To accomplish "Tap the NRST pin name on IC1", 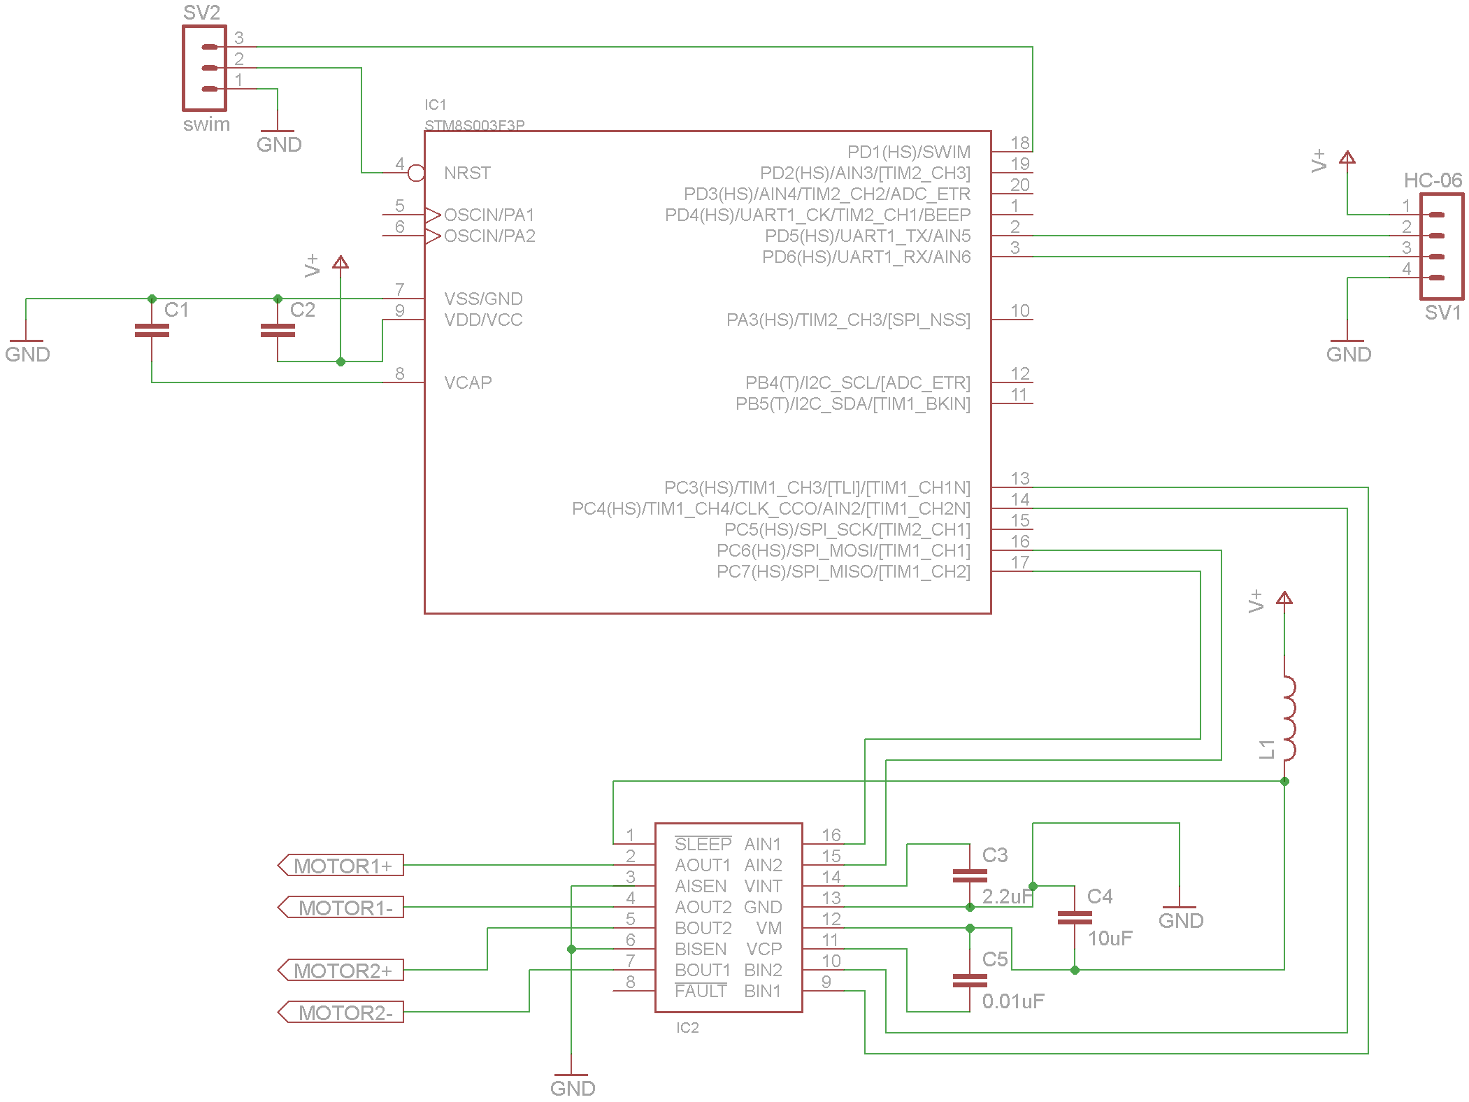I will [467, 173].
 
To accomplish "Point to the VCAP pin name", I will [468, 382].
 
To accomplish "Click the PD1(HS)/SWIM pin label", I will [908, 152].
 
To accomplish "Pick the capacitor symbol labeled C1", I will [152, 330].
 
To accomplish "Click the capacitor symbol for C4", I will [1075, 917].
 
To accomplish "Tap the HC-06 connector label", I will [1433, 180].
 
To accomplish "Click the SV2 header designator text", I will [201, 13].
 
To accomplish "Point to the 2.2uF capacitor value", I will [1007, 896].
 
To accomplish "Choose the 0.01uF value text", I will [1012, 1001].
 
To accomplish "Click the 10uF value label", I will [1110, 938].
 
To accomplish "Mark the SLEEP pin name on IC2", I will [703, 844].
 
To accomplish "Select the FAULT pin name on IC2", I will [701, 991].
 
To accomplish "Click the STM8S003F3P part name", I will [474, 125].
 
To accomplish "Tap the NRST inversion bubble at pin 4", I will [416, 173].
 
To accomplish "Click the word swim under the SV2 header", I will [206, 124].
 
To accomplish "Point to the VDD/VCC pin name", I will [483, 320].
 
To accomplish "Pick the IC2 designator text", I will [687, 1027].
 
